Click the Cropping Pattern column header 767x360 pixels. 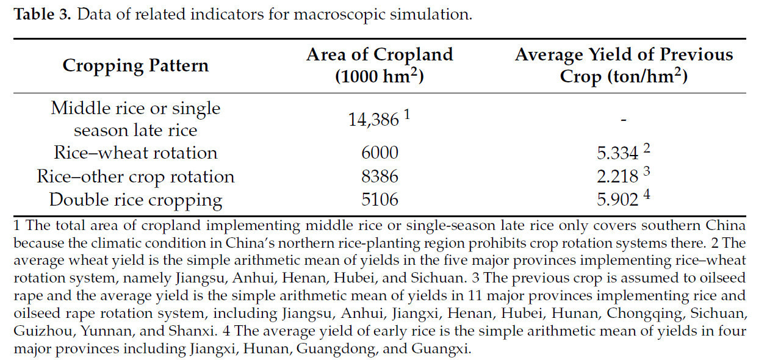point(135,66)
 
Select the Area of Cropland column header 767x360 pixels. point(380,66)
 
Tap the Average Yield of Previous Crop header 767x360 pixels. point(624,66)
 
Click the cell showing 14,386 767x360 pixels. point(375,120)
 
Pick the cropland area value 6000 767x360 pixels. point(380,153)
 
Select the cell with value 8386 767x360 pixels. point(380,177)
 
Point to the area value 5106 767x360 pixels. point(380,200)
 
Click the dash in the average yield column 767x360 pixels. point(624,120)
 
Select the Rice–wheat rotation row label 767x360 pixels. point(135,153)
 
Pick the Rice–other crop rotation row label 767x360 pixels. point(135,177)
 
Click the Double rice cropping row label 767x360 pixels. point(135,200)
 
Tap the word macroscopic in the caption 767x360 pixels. point(329,15)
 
